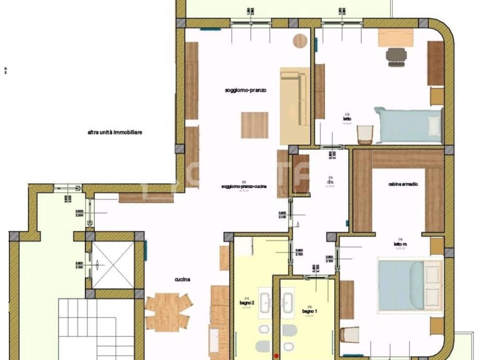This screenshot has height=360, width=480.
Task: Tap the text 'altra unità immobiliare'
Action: [x=115, y=133]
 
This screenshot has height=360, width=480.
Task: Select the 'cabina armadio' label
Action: [x=403, y=184]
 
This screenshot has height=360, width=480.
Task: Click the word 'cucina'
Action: [x=182, y=279]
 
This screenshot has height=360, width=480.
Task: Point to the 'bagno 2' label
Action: [x=247, y=303]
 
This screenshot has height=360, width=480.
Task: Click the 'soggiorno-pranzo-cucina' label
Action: [x=244, y=186]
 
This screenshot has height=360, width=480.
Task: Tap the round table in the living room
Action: [x=300, y=41]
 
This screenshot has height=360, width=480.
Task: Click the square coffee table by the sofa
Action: [x=255, y=125]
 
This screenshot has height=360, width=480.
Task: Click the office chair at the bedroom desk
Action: [x=397, y=56]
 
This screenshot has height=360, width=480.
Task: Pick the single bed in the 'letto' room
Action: [x=408, y=125]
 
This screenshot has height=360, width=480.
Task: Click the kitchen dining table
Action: [x=167, y=311]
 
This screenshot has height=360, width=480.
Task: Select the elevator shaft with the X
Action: [x=112, y=265]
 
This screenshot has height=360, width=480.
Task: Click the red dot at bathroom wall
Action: [x=277, y=355]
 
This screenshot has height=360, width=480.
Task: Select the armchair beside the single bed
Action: [x=365, y=135]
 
